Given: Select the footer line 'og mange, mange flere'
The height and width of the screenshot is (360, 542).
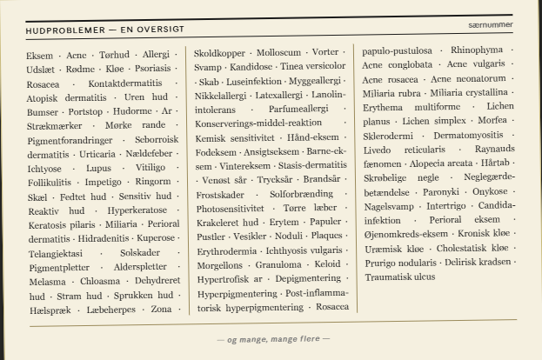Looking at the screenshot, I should click(272, 338).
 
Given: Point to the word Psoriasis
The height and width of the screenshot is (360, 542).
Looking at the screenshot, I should click(153, 67).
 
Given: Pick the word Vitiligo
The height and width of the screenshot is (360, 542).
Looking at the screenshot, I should click(151, 167).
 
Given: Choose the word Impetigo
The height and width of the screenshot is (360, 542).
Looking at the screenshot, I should click(103, 182).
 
